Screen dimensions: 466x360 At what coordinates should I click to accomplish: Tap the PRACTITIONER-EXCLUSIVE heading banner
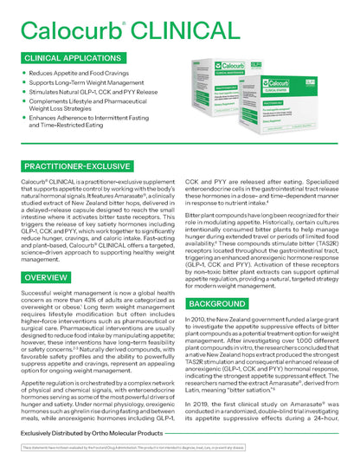coord(77,165)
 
